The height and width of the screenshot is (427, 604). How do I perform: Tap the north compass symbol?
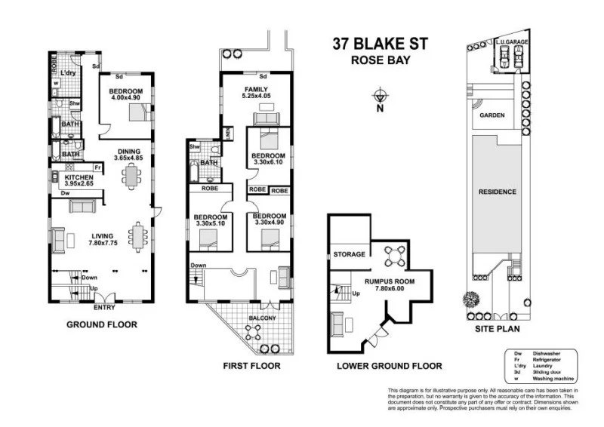(x=381, y=96)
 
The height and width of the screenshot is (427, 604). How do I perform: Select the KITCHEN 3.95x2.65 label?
(x=79, y=181)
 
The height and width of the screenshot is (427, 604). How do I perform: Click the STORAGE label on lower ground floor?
(x=350, y=254)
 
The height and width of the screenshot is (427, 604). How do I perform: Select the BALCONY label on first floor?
(x=263, y=318)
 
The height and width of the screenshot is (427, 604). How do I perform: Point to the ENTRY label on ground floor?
(x=104, y=307)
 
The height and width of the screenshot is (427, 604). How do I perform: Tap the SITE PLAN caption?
(x=495, y=329)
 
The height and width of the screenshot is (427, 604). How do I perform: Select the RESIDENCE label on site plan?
(x=498, y=192)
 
